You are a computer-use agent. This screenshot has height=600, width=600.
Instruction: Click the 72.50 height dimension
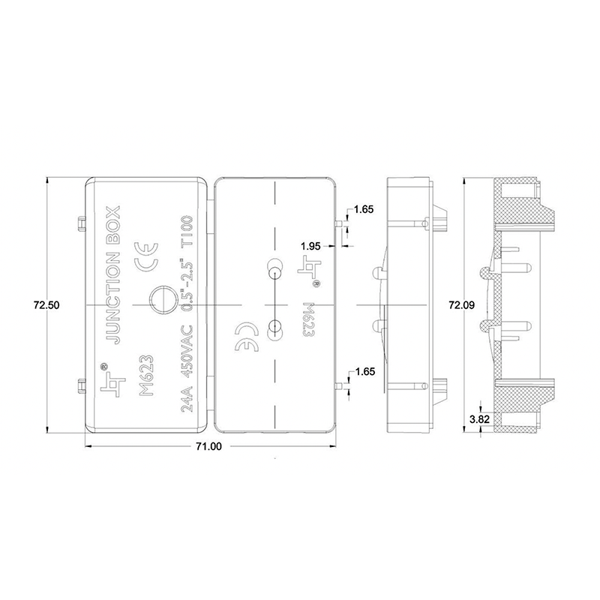(x=46, y=305)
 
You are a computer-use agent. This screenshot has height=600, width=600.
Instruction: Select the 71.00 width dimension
(x=209, y=446)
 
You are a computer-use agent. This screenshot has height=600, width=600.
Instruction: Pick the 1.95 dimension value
(x=311, y=246)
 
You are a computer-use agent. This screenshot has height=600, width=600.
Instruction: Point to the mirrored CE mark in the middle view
(x=247, y=337)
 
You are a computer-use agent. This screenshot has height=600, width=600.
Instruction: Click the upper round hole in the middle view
(x=274, y=265)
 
